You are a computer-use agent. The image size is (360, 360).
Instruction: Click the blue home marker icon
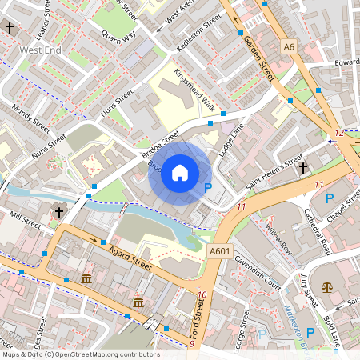coord(180,173)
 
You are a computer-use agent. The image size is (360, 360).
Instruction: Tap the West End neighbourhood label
coord(42,50)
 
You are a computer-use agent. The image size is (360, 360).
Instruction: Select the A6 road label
coord(289,48)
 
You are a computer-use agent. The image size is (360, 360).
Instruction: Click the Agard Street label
coord(128,258)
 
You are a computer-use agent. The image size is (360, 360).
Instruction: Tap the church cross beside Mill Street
coord(58,212)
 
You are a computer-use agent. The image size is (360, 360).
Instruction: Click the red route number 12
coord(340,133)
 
